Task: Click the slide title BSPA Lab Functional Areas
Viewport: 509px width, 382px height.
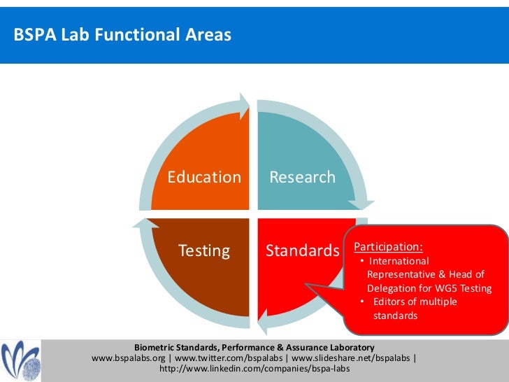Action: pyautogui.click(x=122, y=34)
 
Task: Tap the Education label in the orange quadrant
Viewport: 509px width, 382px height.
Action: pyautogui.click(x=204, y=177)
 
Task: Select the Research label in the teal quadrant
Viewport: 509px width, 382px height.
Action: pyautogui.click(x=302, y=177)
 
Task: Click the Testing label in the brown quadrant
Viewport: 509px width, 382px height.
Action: pyautogui.click(x=204, y=250)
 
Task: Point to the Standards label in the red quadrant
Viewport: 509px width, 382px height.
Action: pyautogui.click(x=302, y=250)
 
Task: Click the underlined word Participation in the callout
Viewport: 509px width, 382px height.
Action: pyautogui.click(x=388, y=247)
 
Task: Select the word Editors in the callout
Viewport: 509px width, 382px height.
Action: pyautogui.click(x=392, y=302)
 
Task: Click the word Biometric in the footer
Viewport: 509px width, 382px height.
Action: pyautogui.click(x=157, y=347)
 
